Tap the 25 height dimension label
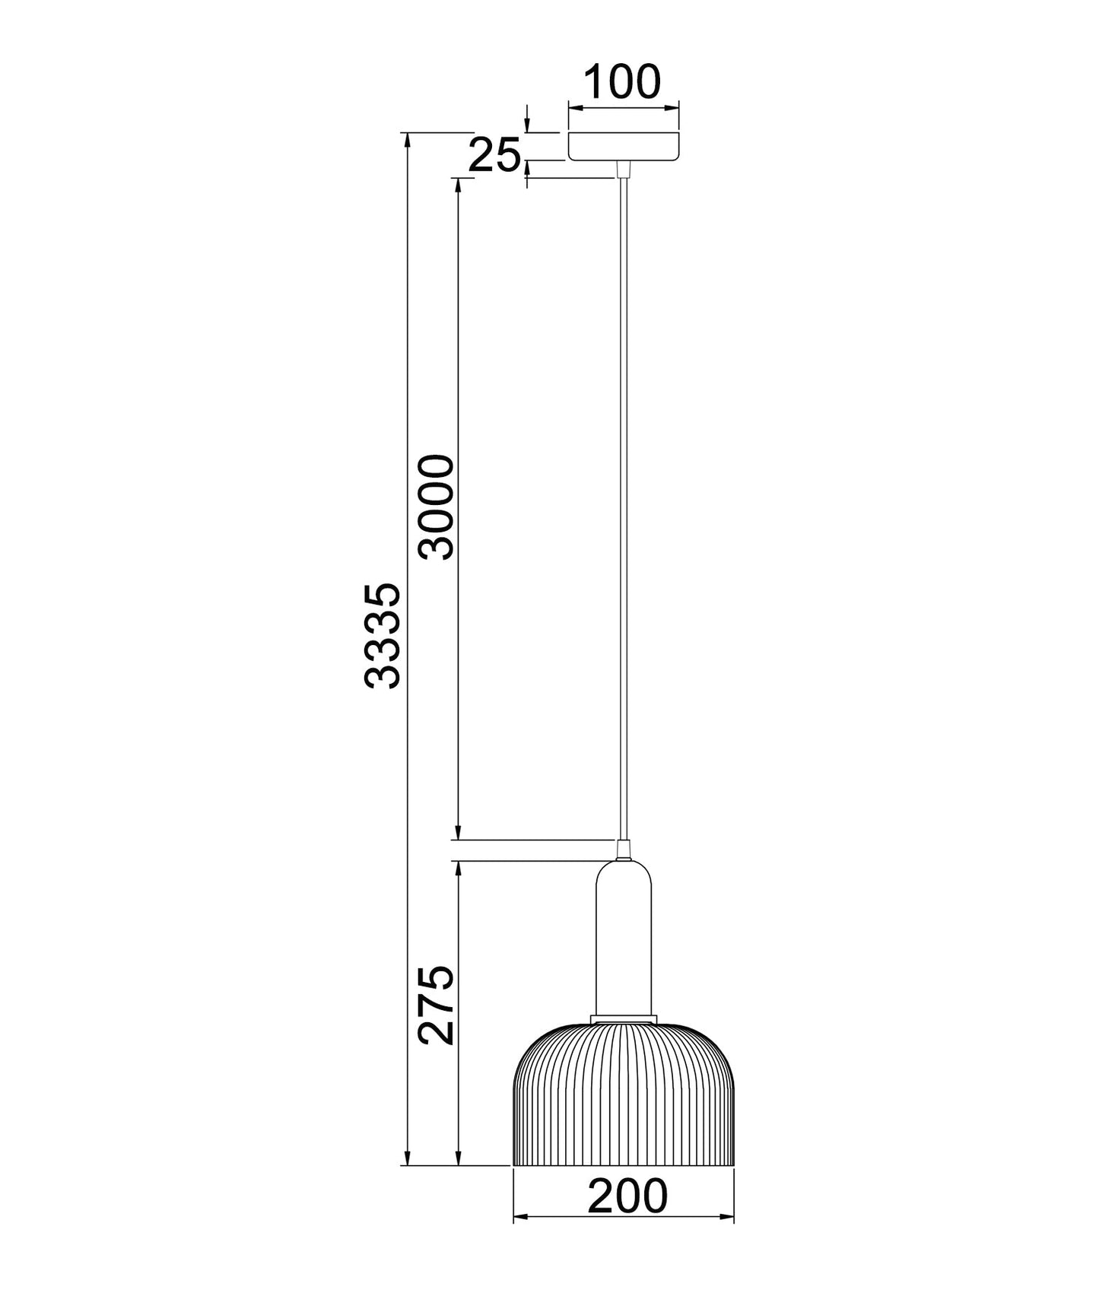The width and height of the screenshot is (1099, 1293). (x=494, y=156)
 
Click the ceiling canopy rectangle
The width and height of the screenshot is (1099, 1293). (x=624, y=146)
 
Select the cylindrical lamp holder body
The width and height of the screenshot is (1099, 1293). (x=624, y=939)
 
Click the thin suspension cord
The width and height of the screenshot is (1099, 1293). (x=624, y=508)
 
